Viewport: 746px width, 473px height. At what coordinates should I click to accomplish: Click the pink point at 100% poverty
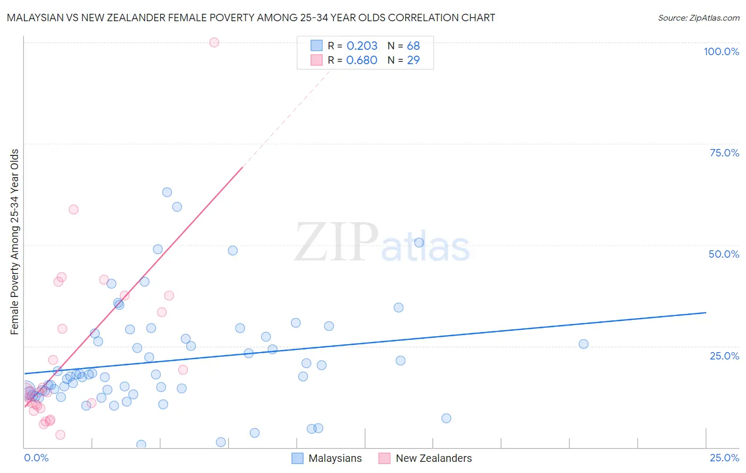click(214, 42)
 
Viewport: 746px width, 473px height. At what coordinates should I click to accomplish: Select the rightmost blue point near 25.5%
click(584, 344)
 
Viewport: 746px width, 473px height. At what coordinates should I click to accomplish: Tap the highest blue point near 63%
click(167, 192)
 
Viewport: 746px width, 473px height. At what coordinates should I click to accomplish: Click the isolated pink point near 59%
click(74, 209)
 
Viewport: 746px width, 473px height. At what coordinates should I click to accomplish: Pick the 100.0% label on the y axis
click(721, 51)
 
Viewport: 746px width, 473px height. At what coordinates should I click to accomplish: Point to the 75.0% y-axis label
click(724, 153)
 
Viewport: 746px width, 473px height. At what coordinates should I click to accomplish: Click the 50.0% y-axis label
click(724, 254)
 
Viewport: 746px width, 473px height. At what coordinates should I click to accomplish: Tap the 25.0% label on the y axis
click(724, 356)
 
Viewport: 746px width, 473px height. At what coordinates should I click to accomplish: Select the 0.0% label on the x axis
click(36, 458)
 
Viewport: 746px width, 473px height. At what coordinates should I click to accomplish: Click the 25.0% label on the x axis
click(724, 458)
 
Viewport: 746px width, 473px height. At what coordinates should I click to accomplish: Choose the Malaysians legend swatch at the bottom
click(298, 458)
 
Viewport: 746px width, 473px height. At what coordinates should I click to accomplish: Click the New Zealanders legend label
click(433, 458)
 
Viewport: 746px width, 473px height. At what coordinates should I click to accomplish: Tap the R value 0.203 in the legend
click(362, 46)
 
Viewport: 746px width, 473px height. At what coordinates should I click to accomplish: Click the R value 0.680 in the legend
click(362, 60)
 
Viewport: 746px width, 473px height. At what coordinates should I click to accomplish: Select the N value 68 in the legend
click(413, 46)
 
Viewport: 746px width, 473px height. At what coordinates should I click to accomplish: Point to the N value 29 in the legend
click(413, 60)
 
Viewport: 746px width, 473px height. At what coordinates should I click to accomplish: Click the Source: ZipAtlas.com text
click(698, 17)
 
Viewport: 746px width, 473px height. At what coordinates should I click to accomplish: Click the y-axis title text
click(14, 242)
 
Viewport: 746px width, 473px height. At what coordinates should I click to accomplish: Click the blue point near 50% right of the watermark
click(419, 242)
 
